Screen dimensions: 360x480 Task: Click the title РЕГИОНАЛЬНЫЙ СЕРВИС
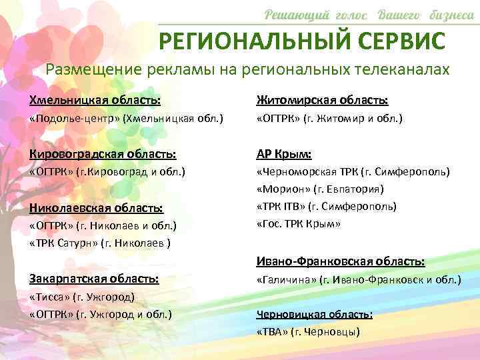pyautogui.click(x=301, y=41)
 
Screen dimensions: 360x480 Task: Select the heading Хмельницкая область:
pyautogui.click(x=95, y=101)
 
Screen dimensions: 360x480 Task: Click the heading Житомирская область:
pyautogui.click(x=323, y=101)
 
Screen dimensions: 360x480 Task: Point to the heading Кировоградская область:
pyautogui.click(x=103, y=154)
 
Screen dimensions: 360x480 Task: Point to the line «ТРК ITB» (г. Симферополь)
pyautogui.click(x=327, y=207)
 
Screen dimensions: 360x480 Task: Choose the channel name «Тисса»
pyautogui.click(x=50, y=297)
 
